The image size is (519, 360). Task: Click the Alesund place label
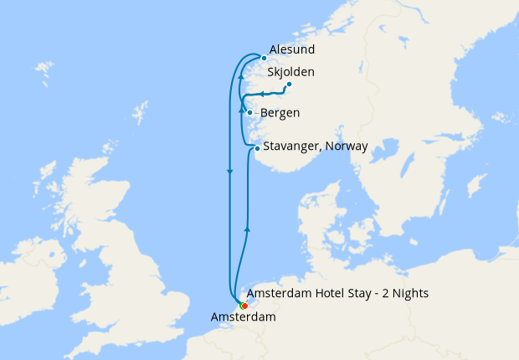pos(292,50)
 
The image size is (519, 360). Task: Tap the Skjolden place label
pos(290,73)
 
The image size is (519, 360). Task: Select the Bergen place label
pos(280,112)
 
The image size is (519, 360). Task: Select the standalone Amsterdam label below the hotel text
pos(244,317)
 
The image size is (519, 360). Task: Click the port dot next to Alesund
pos(264,58)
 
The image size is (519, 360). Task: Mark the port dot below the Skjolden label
pos(289,84)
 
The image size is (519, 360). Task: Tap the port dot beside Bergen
pos(250,112)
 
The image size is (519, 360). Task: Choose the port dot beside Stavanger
pos(257,148)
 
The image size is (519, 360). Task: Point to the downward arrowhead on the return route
pos(229,173)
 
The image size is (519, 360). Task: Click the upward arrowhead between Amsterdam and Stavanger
pos(246,227)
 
